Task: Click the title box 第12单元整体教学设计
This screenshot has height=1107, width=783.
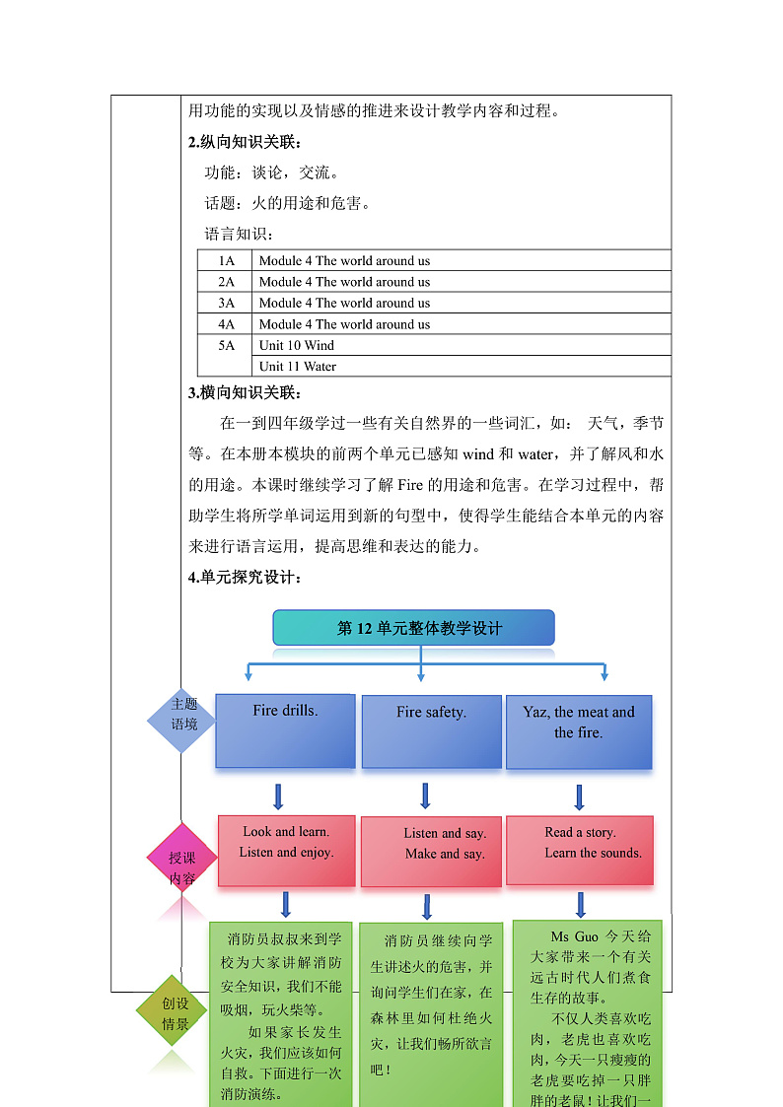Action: (x=413, y=628)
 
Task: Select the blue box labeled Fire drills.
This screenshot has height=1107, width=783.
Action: (x=285, y=730)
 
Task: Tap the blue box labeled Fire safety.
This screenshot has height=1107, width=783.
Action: (x=431, y=731)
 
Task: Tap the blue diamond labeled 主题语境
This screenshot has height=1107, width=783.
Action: (x=183, y=721)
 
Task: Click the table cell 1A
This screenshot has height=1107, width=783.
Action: (x=227, y=261)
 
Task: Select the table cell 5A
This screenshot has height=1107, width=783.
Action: (x=227, y=345)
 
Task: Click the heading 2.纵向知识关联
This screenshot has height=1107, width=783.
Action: (x=246, y=142)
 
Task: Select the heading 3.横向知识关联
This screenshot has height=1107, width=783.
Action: (x=246, y=392)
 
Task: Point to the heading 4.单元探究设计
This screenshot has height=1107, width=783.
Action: (x=246, y=578)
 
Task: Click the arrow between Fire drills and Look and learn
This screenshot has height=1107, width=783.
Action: (x=278, y=796)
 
